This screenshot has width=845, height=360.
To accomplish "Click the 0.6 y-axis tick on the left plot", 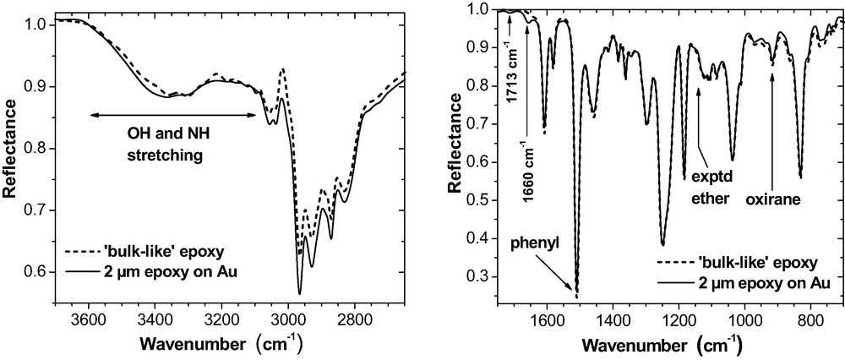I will tap(36, 272).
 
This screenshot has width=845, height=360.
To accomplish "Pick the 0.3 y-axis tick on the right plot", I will tap(479, 276).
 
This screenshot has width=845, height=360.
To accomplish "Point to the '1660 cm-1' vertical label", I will tap(527, 168).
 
